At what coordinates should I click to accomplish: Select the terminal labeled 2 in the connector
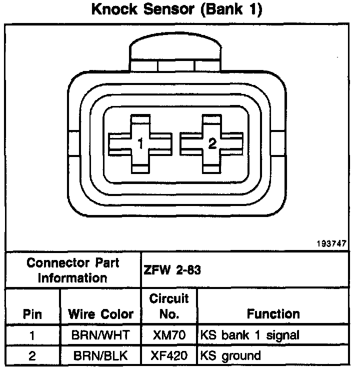click(212, 143)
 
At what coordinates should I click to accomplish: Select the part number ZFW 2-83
click(172, 270)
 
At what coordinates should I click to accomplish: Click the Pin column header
click(32, 314)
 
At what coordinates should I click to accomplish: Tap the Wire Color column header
click(100, 314)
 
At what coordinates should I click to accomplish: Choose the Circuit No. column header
click(169, 306)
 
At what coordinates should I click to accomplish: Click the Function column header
click(273, 314)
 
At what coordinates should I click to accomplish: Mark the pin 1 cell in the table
click(32, 335)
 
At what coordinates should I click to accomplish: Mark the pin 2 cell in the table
click(32, 356)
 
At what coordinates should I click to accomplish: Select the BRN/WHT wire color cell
click(100, 335)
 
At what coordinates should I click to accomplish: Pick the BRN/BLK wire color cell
click(100, 356)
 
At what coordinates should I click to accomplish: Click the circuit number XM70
click(169, 335)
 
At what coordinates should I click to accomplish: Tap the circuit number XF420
click(169, 356)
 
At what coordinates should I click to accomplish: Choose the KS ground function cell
click(230, 356)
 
